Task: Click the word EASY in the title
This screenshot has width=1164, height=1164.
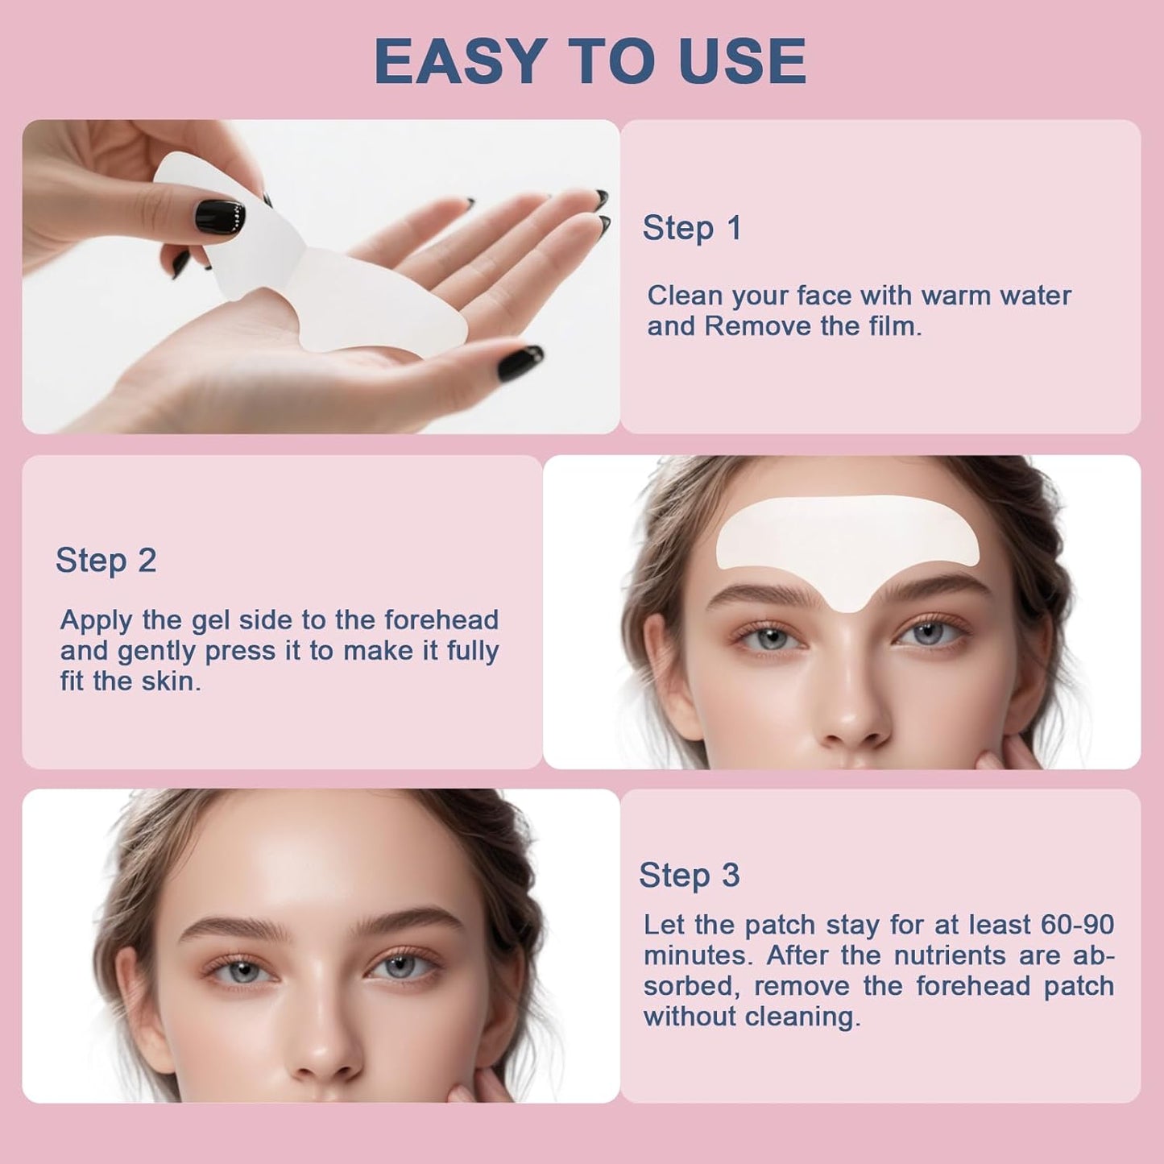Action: (x=461, y=61)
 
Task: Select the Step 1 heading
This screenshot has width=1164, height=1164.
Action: (x=691, y=228)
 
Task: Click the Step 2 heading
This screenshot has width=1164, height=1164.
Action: (x=106, y=561)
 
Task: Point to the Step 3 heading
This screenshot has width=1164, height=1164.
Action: (x=689, y=876)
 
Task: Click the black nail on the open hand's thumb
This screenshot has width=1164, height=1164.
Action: (x=520, y=364)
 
